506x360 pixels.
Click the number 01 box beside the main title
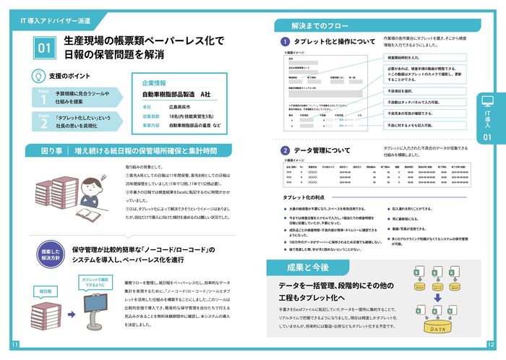point(44,48)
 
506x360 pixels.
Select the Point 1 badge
point(43,98)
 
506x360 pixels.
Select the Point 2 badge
point(43,121)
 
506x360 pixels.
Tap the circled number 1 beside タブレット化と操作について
point(285,41)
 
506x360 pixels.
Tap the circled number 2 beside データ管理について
point(285,150)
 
